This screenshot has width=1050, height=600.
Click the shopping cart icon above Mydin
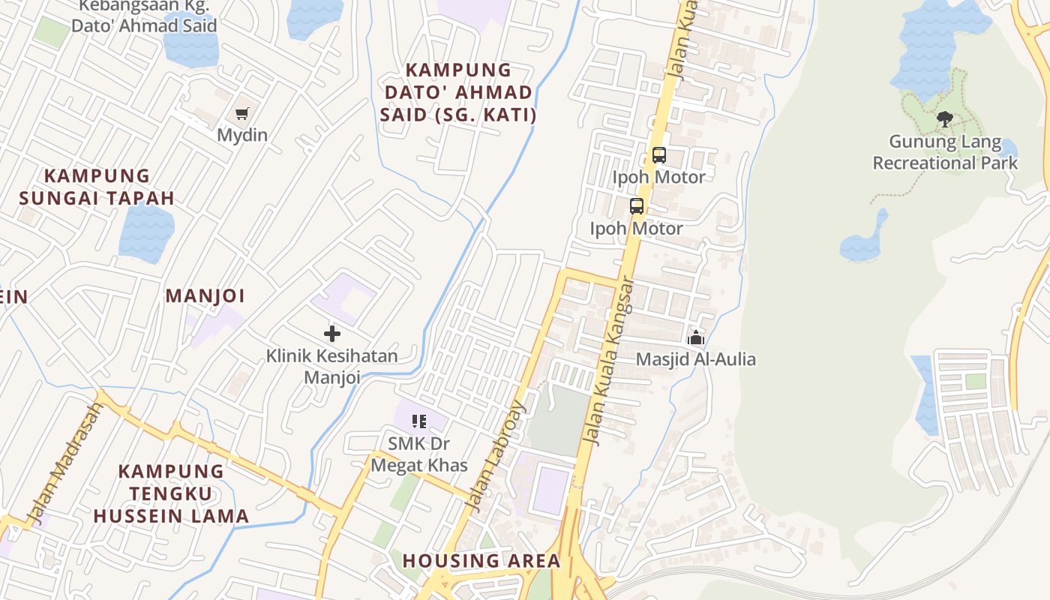click(x=241, y=114)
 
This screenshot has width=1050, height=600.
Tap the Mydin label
click(x=242, y=136)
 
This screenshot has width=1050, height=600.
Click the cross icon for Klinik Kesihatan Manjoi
click(x=332, y=334)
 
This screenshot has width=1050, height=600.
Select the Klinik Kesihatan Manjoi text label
click(x=332, y=366)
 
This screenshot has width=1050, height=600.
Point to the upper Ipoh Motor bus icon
click(x=658, y=155)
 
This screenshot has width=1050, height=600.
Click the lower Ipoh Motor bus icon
click(x=636, y=206)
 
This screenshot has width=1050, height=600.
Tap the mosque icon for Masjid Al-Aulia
click(x=696, y=337)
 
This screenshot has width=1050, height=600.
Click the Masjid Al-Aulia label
click(x=695, y=360)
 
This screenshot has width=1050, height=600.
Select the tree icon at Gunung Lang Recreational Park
click(x=945, y=118)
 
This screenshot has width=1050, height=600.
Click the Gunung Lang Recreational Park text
click(x=945, y=152)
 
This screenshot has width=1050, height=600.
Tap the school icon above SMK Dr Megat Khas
click(x=419, y=421)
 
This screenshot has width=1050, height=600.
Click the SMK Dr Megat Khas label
click(x=419, y=454)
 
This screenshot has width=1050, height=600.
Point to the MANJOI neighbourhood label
click(x=205, y=296)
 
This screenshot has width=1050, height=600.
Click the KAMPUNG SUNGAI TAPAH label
click(x=97, y=187)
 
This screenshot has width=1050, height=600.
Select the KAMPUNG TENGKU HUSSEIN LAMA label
click(x=171, y=493)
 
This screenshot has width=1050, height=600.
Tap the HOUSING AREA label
click(x=481, y=561)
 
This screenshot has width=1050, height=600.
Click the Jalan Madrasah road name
click(x=65, y=463)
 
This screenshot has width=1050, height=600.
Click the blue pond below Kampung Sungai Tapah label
click(x=146, y=232)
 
